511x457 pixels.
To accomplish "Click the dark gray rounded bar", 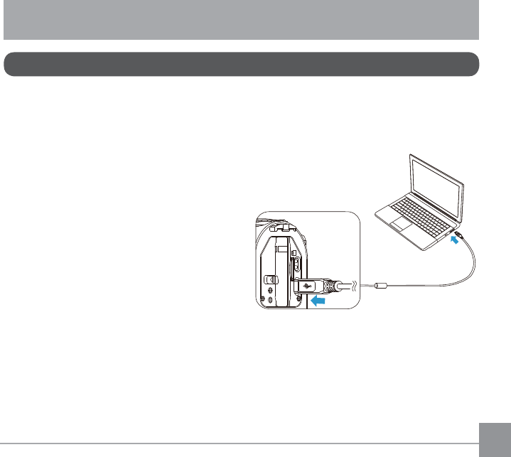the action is tap(241, 63).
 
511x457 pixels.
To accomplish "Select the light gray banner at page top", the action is tap(241, 19).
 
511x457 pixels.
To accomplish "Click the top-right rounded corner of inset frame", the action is tap(355, 216).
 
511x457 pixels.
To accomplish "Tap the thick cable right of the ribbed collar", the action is tap(345, 286).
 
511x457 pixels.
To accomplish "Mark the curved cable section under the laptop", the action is tap(466, 267).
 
